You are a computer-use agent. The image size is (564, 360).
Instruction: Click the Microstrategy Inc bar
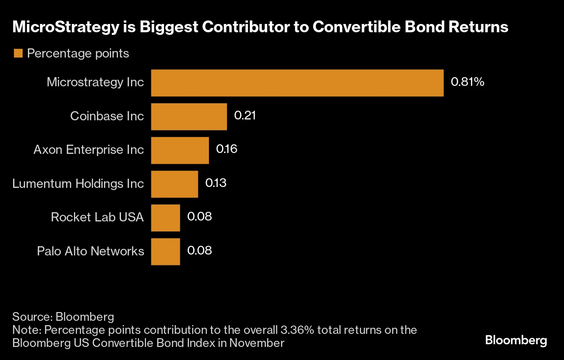point(297,83)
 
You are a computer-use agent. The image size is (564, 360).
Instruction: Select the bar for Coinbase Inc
point(189,116)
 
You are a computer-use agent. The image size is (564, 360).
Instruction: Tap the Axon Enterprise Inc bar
point(180,150)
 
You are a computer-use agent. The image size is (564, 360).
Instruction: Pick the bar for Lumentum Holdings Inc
point(174,184)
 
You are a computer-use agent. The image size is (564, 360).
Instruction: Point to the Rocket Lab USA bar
point(165,217)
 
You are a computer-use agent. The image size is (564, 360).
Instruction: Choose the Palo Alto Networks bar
point(165,251)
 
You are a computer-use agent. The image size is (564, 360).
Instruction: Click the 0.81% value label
point(467,82)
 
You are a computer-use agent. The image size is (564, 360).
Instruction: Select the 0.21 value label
point(245,115)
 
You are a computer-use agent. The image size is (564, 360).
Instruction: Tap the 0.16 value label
point(227,149)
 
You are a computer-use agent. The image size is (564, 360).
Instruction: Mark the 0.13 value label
point(216,183)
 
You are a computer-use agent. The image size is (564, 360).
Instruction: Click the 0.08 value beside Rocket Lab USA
point(199,217)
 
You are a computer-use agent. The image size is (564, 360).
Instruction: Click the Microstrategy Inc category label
point(95,82)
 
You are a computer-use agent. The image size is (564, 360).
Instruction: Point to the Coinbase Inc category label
point(107,116)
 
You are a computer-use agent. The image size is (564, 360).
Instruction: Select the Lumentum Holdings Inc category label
point(78,183)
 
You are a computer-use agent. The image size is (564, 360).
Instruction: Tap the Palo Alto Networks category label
point(91,251)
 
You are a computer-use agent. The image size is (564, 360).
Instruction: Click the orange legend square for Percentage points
point(18,54)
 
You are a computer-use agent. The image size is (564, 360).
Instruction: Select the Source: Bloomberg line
point(63,316)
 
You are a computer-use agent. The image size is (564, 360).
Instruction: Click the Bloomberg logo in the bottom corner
point(516,340)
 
